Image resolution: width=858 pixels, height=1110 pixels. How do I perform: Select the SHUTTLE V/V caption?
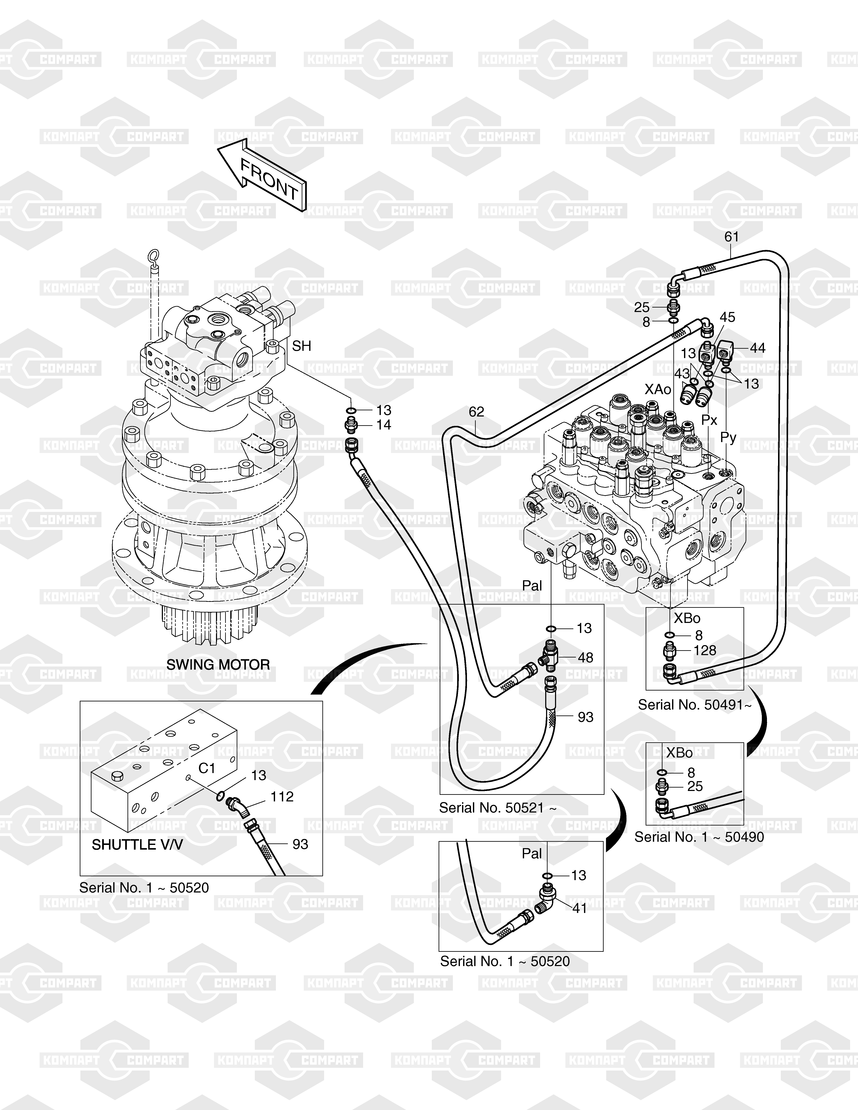137,845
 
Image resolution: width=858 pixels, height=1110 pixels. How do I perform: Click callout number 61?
731,237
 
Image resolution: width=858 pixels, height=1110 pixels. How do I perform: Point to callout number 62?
476,412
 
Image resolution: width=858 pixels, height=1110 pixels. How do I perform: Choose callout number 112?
282,797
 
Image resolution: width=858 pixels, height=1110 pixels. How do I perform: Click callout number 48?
586,658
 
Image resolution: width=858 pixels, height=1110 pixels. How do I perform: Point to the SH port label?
301,346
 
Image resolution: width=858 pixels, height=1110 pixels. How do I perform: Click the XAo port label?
658,389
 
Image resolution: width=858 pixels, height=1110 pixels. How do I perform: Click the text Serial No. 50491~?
694,705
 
